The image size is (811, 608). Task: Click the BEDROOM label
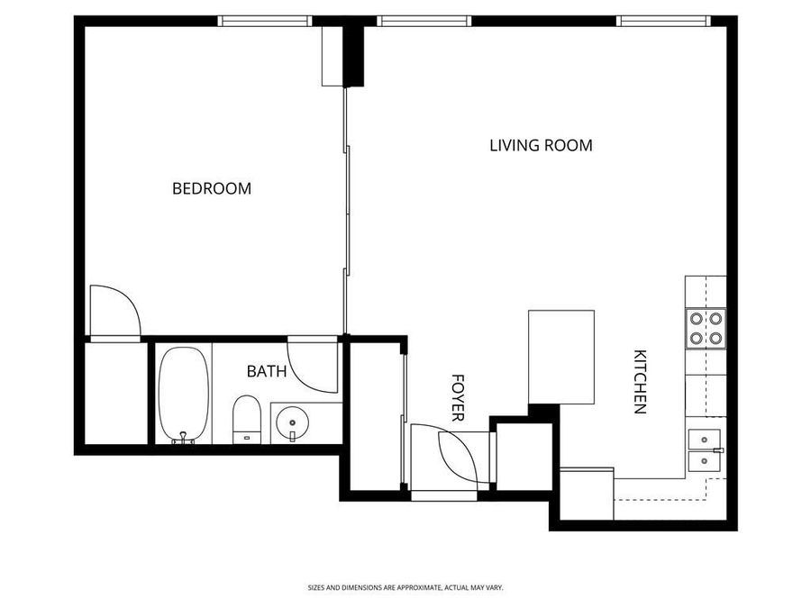pos(212,188)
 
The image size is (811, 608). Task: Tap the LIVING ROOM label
pos(541,144)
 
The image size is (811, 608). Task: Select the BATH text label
pos(267,370)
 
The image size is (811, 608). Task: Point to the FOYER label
pos(458,398)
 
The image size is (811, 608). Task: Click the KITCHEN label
pos(640,381)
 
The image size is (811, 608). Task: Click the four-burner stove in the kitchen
pos(706,328)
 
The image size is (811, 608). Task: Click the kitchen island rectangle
pos(561,357)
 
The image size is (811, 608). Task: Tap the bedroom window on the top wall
pos(265,21)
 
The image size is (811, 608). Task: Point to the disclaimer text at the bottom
pos(405,587)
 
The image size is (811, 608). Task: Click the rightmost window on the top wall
pos(663,21)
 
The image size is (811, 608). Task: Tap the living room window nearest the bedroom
pos(424,21)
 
